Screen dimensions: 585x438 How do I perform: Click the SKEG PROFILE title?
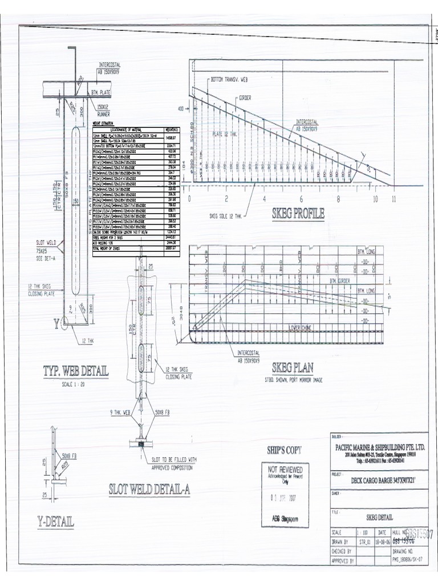(298, 214)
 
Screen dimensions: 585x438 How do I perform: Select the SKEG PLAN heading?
(293, 367)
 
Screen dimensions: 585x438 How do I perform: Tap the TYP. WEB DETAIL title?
(75, 371)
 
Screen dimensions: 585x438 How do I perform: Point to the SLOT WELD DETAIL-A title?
(155, 490)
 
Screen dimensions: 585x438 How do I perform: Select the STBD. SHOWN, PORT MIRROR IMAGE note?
(293, 379)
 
